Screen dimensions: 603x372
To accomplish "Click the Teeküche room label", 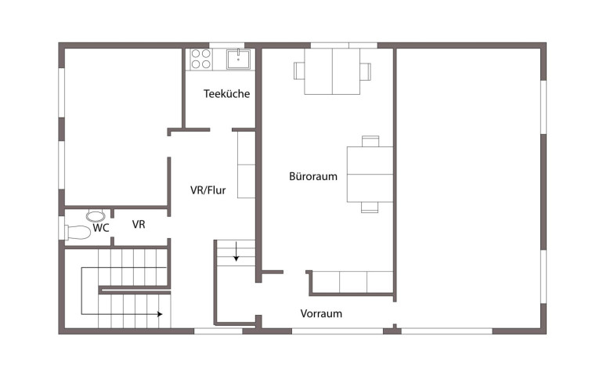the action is pos(226,93).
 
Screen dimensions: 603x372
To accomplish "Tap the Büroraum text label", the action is pos(313,176).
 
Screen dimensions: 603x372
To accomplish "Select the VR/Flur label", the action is pos(208,190).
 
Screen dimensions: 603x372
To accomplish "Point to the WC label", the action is pos(101,228).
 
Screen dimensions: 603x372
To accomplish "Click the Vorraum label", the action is pos(321,313).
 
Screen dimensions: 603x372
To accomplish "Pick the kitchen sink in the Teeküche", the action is pos(238,60).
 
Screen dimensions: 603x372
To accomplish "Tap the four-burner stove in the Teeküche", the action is pos(200,59).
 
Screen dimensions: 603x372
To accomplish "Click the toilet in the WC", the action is pos(78,232).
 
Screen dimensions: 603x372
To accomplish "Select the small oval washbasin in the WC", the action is pos(96,216).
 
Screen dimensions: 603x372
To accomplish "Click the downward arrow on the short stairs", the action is pos(237,251).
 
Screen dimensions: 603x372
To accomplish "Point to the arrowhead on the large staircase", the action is pos(160,314).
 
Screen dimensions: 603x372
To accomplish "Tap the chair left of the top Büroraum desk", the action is pos(299,71).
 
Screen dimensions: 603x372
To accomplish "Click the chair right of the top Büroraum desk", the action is pos(366,71).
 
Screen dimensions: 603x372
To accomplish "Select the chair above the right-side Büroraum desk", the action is pos(370,141).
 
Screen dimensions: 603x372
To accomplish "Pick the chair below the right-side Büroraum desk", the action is pos(370,208).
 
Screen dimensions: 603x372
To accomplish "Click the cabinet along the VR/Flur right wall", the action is pos(246,164).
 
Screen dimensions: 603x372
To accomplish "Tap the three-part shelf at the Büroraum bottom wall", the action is pos(352,282).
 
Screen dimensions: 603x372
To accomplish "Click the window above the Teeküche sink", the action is pos(227,45).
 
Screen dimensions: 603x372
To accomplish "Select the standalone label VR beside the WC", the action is pos(139,224).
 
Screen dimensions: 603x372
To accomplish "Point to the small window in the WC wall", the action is pos(62,228).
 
